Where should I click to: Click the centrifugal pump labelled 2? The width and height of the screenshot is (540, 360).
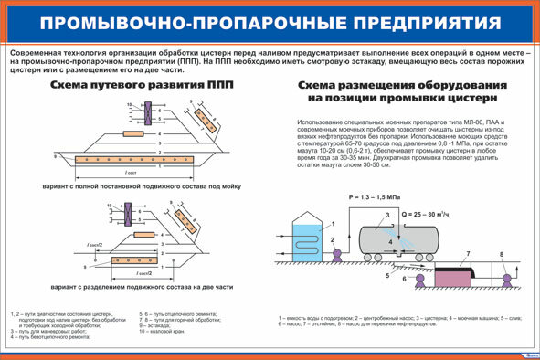click(x=335, y=246)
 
